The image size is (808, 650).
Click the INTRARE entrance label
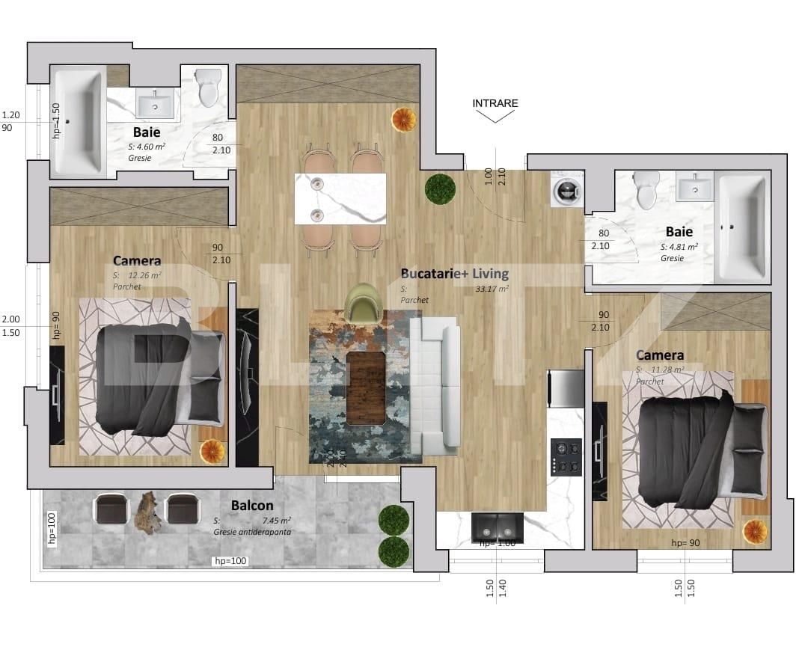(495, 103)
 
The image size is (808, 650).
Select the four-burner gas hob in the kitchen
(566, 457)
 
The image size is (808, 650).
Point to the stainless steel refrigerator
(566, 388)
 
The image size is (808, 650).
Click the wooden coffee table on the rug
(366, 387)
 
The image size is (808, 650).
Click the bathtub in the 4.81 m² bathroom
(741, 227)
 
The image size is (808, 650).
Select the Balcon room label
(251, 506)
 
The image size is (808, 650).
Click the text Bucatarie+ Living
(454, 273)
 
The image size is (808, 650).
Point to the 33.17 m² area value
(492, 289)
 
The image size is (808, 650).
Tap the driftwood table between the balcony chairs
(148, 512)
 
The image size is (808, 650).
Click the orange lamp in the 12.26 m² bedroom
(211, 451)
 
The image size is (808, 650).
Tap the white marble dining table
(340, 199)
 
